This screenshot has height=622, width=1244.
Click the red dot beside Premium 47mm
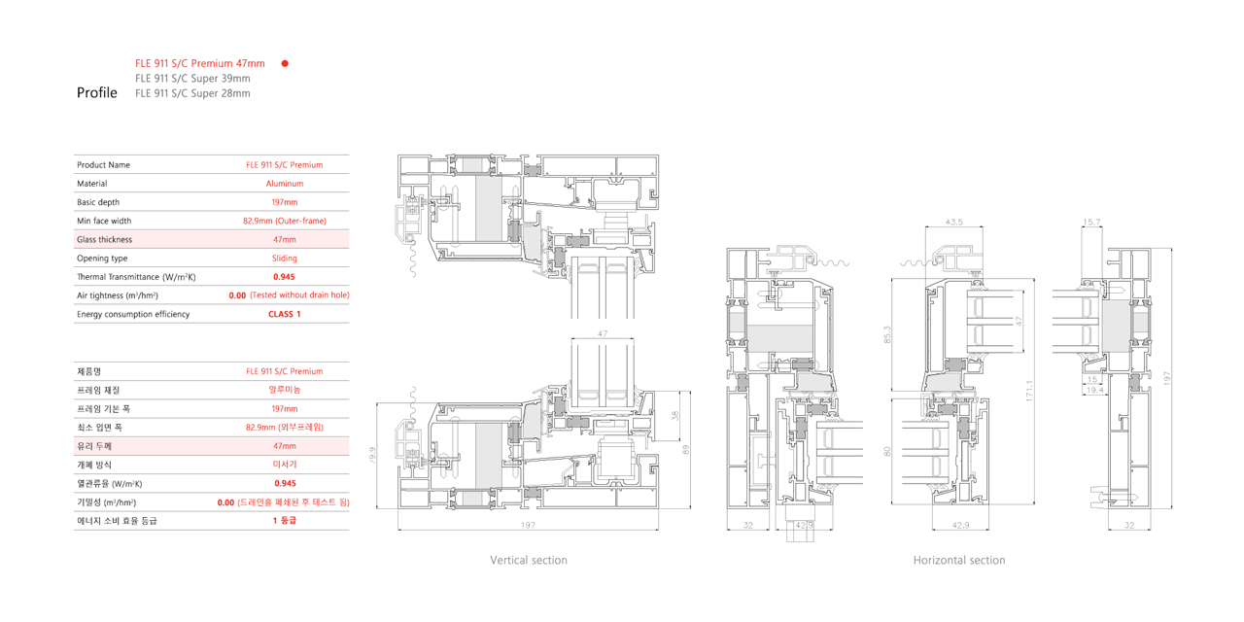coord(285,63)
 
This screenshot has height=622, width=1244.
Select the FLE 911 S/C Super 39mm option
coord(192,79)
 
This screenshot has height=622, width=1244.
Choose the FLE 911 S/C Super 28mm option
coord(192,93)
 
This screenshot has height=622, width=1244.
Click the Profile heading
coord(96,92)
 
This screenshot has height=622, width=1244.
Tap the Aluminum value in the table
coord(285,184)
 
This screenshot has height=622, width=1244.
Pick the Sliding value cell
coord(285,259)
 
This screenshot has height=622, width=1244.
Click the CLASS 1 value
coord(285,314)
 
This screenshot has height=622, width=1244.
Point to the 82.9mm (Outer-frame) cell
coord(285,221)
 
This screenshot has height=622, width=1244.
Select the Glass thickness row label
coord(104,239)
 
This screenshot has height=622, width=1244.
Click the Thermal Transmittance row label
coord(136,277)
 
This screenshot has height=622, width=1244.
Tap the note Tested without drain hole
coord(299,294)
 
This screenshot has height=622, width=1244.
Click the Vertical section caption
coord(529,561)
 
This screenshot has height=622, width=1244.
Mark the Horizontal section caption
coord(959,561)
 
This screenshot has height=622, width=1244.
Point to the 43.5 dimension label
coord(954,223)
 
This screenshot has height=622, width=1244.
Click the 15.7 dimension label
coord(1091,223)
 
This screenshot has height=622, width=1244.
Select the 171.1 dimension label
coord(1029,391)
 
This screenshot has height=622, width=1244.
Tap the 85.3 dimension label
coord(887,334)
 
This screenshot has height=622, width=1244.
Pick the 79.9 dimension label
coord(372,455)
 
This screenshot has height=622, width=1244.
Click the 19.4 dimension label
coord(1094,390)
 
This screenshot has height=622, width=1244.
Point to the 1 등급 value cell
coord(285,520)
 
